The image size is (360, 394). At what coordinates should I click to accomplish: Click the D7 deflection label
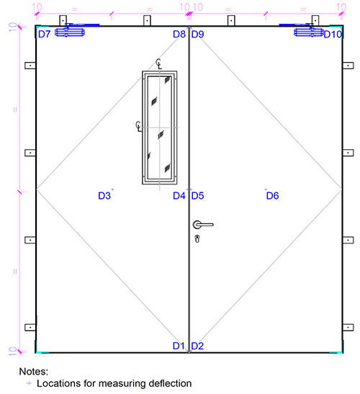coord(44,34)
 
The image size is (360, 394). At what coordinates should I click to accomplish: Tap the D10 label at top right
coord(333,34)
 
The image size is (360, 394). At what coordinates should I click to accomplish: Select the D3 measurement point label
coord(104,195)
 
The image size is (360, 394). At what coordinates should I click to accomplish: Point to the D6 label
coord(272,195)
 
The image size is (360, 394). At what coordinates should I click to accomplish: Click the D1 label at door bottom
coord(179,346)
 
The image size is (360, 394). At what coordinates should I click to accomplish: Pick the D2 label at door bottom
coord(197,346)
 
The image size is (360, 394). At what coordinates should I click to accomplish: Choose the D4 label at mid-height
coord(179,195)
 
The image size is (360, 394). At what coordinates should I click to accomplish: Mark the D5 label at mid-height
coord(197,195)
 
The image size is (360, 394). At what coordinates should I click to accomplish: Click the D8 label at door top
coord(179,34)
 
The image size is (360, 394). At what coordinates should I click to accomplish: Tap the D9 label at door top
coord(197,34)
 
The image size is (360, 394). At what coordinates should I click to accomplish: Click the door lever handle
coord(202,225)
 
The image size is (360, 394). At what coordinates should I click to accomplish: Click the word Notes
coord(33,372)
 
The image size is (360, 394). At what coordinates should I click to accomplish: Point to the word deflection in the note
coord(166,384)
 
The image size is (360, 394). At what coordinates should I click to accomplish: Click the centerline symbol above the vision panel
coord(158,63)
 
